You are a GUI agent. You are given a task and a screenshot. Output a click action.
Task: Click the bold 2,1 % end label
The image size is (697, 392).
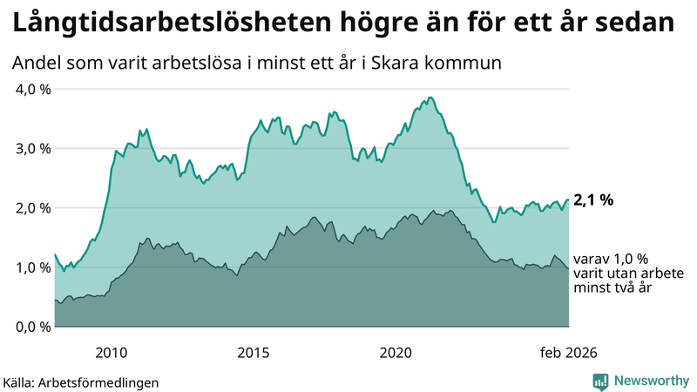coord(594,200)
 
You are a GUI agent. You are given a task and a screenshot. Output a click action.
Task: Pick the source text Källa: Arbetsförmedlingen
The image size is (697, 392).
coord(81,382)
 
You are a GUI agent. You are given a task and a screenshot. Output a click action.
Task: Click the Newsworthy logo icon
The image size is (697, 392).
coord(600,381)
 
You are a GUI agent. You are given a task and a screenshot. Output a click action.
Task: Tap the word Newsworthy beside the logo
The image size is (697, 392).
coord(650,381)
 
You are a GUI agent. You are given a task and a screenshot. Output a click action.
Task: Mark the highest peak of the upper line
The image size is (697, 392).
coord(430,98)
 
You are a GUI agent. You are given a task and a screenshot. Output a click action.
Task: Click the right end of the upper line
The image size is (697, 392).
coord(569,200)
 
